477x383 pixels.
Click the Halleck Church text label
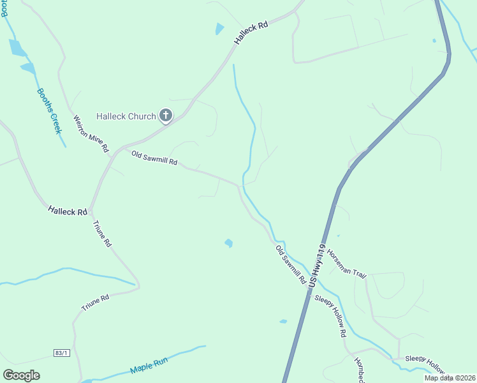tap(126, 116)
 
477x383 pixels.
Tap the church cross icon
tap(165, 116)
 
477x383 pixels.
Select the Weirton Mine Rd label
tap(91, 133)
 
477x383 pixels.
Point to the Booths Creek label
tap(48, 110)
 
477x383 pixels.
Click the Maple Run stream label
tap(149, 365)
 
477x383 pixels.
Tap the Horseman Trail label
tap(346, 263)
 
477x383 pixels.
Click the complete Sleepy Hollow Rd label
tap(330, 316)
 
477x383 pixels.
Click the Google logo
tap(22, 375)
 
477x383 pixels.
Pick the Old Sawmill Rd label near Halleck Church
tap(154, 158)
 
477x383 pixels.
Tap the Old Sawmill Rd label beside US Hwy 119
tap(291, 264)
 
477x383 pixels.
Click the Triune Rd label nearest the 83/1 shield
tap(96, 303)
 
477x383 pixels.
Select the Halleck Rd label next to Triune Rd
tap(67, 211)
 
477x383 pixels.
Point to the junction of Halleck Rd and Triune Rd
tap(91, 209)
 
